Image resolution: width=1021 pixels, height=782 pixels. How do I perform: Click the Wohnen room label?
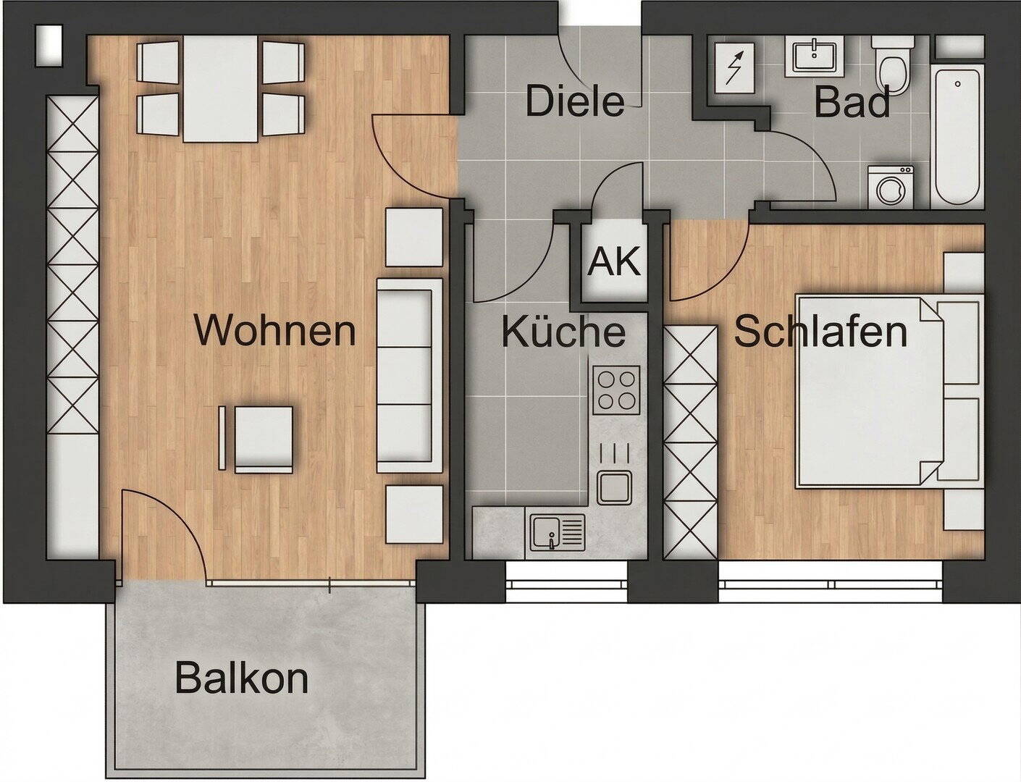[275, 331]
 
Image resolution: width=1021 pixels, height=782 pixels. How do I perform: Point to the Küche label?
[563, 331]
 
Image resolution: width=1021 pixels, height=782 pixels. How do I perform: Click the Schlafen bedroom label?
[820, 331]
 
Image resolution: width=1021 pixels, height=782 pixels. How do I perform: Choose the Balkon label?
[242, 677]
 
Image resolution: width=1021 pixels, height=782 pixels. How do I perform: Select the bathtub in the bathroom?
[957, 137]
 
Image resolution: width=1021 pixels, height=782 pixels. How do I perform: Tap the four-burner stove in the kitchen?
[616, 390]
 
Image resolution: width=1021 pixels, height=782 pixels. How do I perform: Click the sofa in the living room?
[410, 376]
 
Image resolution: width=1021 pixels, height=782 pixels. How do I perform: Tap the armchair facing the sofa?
[256, 439]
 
